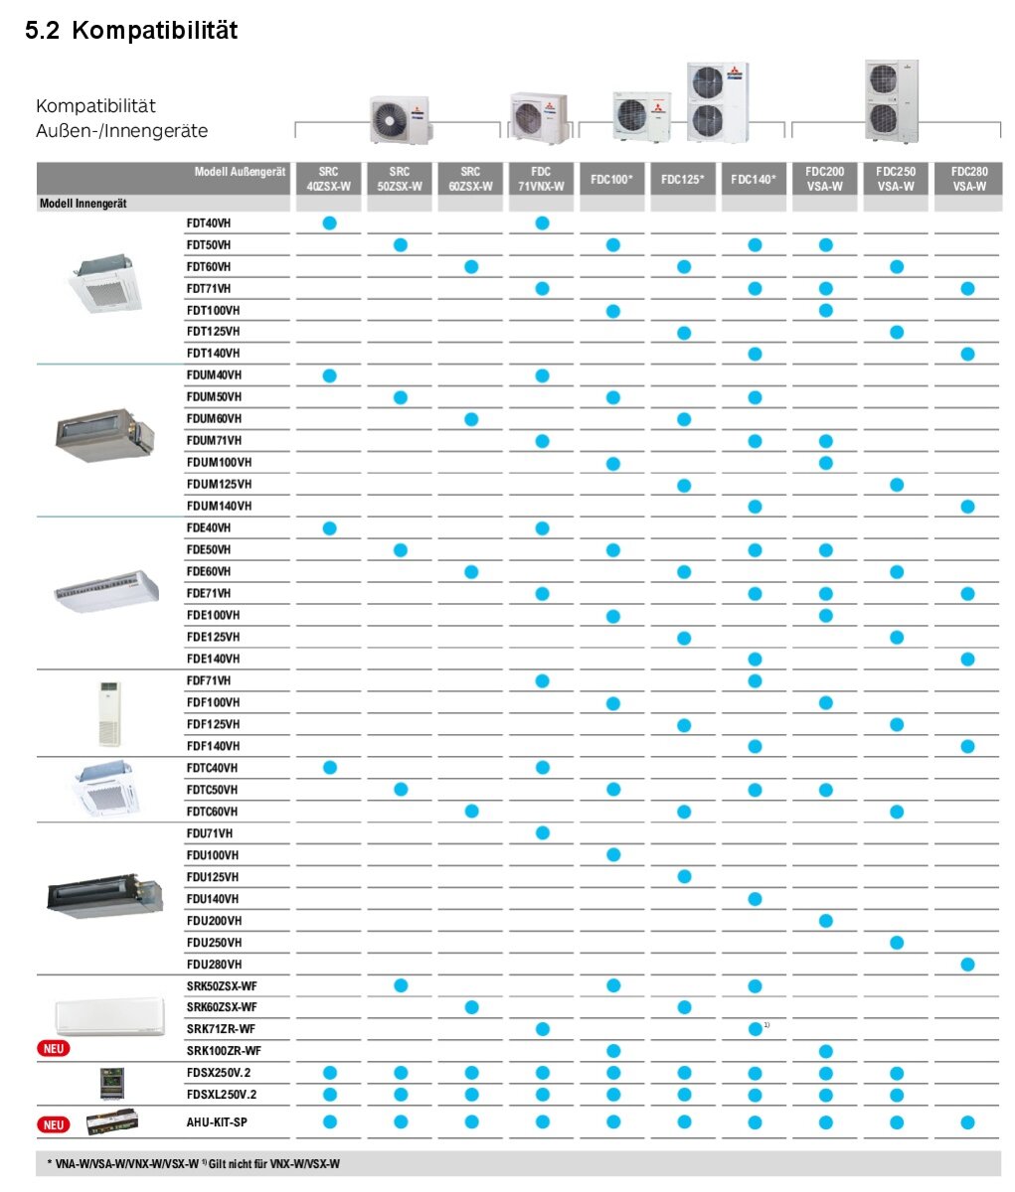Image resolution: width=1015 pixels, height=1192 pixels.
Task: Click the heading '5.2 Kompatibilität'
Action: coord(131,31)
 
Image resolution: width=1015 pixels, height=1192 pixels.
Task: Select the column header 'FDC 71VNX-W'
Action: coord(541,179)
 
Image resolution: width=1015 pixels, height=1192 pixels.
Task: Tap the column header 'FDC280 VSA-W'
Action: coord(968,179)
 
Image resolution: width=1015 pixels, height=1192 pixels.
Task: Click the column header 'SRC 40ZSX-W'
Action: coord(329,179)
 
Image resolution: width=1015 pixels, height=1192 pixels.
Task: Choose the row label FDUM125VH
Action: coord(219,485)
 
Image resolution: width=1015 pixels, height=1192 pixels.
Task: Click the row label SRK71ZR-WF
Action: coord(221,1029)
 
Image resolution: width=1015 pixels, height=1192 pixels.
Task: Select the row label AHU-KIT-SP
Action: coord(217,1122)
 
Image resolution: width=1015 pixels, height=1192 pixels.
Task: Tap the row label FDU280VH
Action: coord(214,965)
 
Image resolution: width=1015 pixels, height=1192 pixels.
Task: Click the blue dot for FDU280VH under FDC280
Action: coord(968,965)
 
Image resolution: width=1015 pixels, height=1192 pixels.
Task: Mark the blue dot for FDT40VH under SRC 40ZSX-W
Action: coord(330,223)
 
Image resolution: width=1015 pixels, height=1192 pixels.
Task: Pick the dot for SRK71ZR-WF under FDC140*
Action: coord(755,1029)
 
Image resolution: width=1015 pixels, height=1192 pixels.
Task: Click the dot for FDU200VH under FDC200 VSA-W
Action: coord(826,921)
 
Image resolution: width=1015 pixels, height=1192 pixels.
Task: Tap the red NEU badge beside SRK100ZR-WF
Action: coord(54,1048)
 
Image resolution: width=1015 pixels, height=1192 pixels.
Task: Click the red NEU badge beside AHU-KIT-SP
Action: coord(54,1124)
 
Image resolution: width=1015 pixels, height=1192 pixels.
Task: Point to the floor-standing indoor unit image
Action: coord(108,713)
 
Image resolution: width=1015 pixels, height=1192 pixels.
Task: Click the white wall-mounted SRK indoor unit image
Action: coord(109,1017)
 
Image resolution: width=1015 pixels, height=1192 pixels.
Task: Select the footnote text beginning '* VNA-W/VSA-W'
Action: coord(193,1163)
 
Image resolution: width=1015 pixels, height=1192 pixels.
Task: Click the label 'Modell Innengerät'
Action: coord(84,204)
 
